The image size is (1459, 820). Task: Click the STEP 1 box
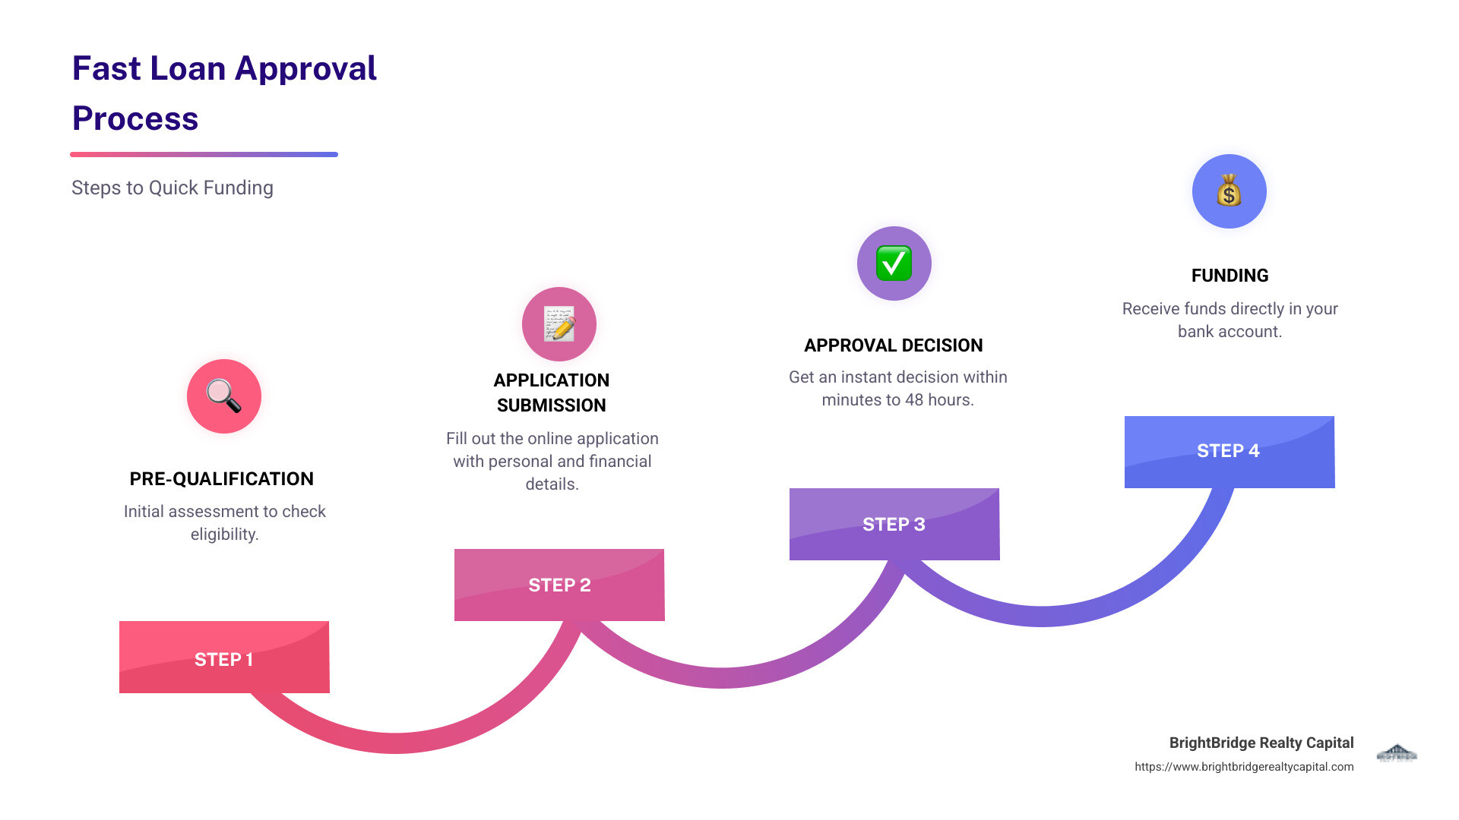[x=224, y=658]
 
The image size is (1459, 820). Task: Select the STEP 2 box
[x=559, y=585]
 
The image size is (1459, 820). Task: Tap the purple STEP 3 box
[x=894, y=524]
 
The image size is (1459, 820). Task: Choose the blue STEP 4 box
[x=1229, y=451]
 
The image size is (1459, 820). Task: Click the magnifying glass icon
[x=224, y=396]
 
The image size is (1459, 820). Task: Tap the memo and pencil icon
[x=559, y=324]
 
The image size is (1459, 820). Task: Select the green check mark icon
[x=894, y=263]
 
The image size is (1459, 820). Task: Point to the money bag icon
[x=1229, y=191]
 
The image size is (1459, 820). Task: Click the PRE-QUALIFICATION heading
[x=222, y=479]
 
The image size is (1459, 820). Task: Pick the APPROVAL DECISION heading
[x=894, y=345]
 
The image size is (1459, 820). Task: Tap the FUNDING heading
[x=1230, y=276]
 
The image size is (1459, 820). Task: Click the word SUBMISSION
[x=552, y=405]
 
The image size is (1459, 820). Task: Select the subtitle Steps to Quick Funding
[x=172, y=188]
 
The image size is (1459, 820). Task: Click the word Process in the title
[x=135, y=118]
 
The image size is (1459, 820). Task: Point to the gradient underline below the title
[x=204, y=154]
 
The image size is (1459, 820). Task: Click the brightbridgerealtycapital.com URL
[x=1244, y=767]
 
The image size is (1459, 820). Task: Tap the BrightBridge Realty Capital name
[x=1261, y=743]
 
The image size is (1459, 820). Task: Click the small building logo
[x=1397, y=753]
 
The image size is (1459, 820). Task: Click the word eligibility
[x=224, y=535]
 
